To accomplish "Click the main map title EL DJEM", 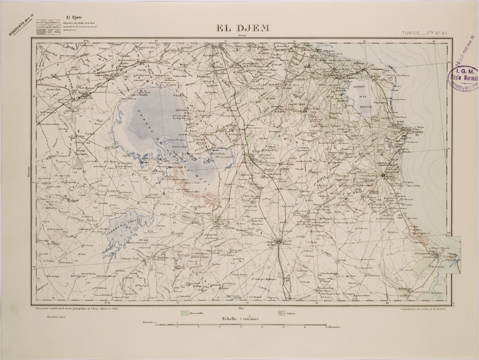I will [243, 28].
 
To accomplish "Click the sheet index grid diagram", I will [49, 28].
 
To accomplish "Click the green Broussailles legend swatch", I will [185, 313].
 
